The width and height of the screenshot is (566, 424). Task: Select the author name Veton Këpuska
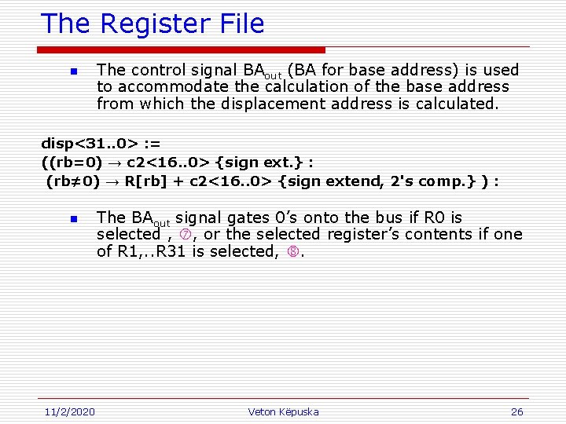(283, 411)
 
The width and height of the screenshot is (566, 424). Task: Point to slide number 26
(516, 411)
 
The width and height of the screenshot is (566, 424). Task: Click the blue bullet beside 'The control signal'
(72, 72)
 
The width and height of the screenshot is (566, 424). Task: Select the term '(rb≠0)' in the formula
(73, 181)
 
